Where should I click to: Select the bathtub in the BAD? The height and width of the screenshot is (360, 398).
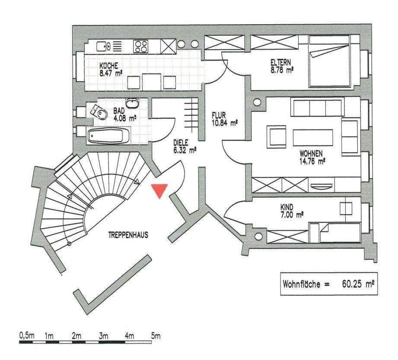(x=108, y=137)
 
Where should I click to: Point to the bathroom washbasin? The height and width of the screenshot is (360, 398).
(x=131, y=104)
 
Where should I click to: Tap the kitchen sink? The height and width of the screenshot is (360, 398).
(x=103, y=45)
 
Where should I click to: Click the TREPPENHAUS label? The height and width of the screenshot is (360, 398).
(x=128, y=235)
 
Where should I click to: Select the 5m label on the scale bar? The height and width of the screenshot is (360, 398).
(x=156, y=335)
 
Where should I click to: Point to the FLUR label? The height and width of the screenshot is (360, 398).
(x=219, y=116)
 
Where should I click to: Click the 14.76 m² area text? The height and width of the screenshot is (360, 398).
(x=312, y=161)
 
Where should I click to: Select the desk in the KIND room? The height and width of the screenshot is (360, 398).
(x=346, y=208)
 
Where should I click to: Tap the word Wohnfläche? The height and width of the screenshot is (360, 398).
(x=301, y=284)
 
